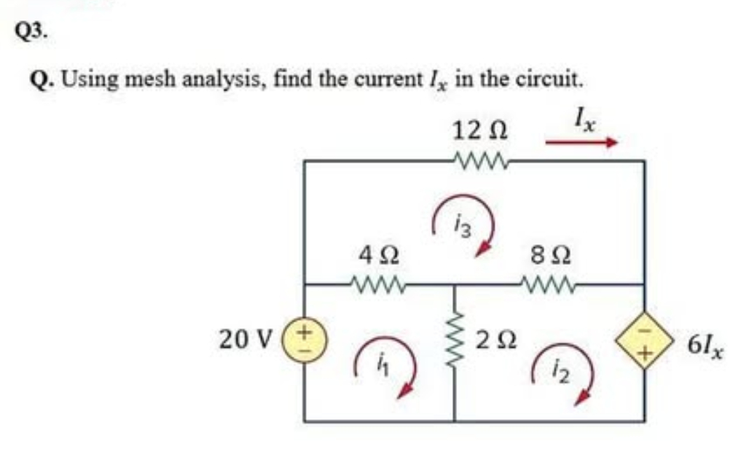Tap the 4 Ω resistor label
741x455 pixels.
(x=379, y=257)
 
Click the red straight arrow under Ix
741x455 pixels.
(x=581, y=143)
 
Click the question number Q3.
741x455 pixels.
(x=31, y=31)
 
